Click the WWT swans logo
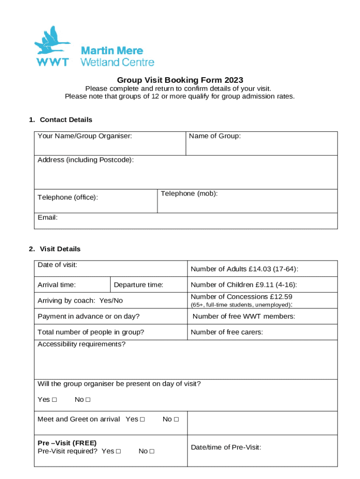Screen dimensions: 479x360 click(52, 47)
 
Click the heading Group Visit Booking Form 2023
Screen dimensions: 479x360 click(180, 80)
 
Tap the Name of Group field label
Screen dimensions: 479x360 click(215, 136)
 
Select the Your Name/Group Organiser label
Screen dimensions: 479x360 click(85, 136)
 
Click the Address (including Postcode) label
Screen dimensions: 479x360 click(86, 160)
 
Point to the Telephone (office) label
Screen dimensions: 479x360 click(68, 197)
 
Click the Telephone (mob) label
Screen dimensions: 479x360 click(189, 194)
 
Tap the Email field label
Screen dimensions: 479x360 click(47, 218)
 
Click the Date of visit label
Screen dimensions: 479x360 click(57, 265)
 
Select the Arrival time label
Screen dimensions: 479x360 click(57, 285)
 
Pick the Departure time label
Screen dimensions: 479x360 click(138, 285)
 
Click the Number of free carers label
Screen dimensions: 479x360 click(227, 332)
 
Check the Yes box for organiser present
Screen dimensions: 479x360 click(54, 400)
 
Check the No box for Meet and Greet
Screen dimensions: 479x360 click(176, 420)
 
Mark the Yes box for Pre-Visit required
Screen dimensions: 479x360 click(118, 451)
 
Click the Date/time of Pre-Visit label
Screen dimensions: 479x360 click(226, 447)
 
